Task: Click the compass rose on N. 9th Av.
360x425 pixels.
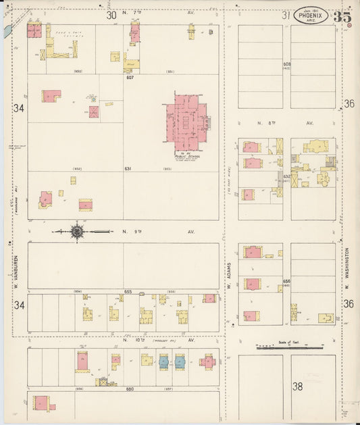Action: point(77,232)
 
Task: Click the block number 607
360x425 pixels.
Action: point(129,77)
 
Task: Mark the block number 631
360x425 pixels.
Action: point(127,168)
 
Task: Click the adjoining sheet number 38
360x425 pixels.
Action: point(297,386)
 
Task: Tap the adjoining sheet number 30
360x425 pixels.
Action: point(111,14)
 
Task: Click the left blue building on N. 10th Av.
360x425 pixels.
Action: point(163,361)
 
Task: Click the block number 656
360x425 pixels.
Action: point(286,281)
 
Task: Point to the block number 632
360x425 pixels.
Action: point(286,177)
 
